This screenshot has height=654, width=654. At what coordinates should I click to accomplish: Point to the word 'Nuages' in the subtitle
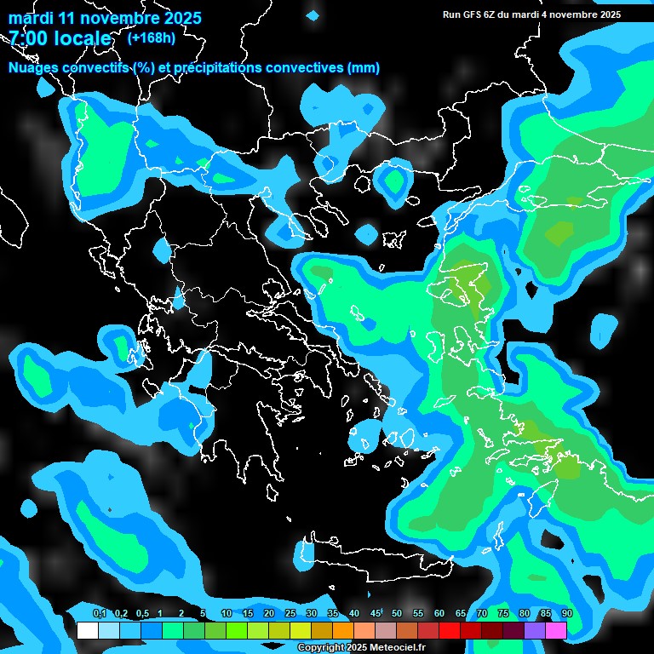(x=35, y=67)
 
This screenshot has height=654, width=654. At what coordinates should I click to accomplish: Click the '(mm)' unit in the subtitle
(x=364, y=67)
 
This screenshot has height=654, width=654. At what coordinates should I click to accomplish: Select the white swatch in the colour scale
(x=88, y=631)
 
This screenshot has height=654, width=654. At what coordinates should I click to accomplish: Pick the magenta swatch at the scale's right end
(x=556, y=631)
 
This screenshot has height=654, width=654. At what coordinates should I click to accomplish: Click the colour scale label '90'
(x=566, y=614)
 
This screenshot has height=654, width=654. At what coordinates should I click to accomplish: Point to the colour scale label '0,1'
(x=100, y=614)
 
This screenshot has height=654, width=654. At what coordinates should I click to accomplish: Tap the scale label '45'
(x=376, y=614)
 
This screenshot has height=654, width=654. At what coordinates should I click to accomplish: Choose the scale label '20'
(x=269, y=614)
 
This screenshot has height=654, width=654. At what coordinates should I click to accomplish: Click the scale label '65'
(x=461, y=614)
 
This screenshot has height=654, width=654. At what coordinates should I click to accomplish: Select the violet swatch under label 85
(x=535, y=631)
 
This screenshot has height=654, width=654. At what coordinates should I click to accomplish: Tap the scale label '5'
(x=203, y=614)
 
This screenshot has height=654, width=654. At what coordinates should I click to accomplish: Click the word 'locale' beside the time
(x=80, y=38)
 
